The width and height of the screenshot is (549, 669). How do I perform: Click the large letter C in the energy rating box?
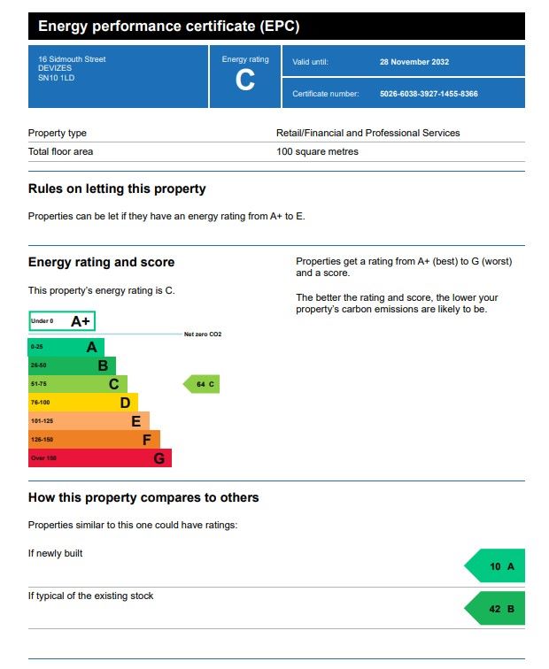245,81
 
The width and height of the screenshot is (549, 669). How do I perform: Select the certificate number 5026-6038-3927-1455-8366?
429,94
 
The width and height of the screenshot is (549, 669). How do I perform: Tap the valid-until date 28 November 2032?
414,62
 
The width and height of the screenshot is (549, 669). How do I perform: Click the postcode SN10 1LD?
57,78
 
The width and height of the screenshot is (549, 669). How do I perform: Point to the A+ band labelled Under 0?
62,321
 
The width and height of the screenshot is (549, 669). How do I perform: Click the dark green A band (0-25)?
66,347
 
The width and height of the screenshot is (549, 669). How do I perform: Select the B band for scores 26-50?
72,365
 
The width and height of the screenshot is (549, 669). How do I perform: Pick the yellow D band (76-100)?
83,403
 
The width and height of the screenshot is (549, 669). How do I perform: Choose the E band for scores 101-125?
89,421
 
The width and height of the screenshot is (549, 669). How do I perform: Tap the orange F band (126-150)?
94,440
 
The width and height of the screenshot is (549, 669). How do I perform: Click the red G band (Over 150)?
99,458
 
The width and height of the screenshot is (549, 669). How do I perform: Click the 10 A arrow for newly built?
497,565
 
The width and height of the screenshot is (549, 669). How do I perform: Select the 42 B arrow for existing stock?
497,609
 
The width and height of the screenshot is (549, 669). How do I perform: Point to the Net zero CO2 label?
202,334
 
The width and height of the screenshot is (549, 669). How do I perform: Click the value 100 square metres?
317,151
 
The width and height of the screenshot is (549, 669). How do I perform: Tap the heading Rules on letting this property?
117,188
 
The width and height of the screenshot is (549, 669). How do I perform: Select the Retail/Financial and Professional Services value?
367,133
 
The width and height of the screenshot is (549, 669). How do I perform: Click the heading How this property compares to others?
143,497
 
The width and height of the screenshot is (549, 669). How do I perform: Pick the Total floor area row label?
60,151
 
